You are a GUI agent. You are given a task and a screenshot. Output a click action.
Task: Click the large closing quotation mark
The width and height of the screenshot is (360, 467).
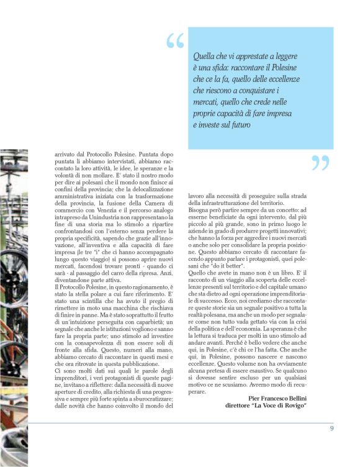point(320,163)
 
